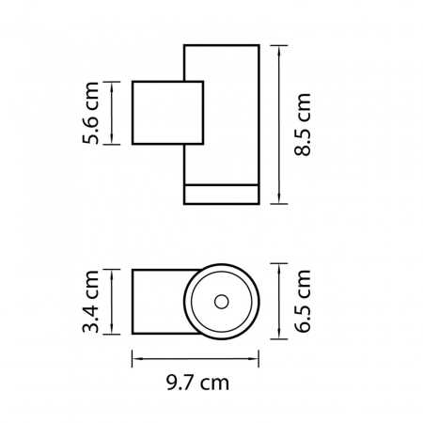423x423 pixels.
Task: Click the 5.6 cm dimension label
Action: point(92,114)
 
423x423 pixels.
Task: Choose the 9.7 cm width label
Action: point(195,384)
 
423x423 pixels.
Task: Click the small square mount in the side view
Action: point(168,114)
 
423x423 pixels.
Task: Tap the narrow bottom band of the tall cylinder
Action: point(220,194)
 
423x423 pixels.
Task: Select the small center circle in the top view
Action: point(222,302)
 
